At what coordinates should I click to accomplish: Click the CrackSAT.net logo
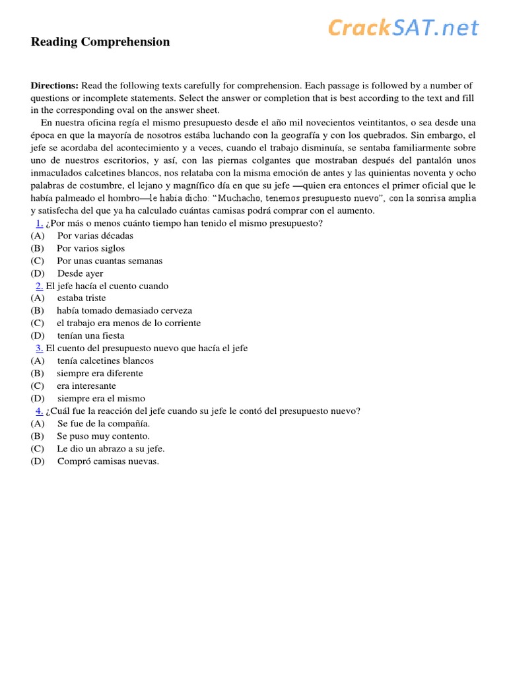(403, 28)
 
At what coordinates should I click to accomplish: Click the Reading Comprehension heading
(100, 42)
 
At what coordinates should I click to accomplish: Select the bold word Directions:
(55, 86)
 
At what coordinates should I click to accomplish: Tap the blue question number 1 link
(40, 223)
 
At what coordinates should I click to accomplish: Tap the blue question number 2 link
(40, 286)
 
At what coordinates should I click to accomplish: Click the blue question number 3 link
(40, 348)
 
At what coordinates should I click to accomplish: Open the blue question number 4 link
(40, 411)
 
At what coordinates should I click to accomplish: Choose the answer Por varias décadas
(95, 236)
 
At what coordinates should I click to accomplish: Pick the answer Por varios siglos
(90, 248)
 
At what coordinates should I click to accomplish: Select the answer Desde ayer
(80, 273)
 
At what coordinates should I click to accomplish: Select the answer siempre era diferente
(100, 374)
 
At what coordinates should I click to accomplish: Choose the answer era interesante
(86, 386)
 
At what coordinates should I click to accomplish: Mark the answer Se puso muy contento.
(103, 436)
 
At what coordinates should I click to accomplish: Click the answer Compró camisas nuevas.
(108, 461)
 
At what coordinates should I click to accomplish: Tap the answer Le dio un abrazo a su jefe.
(111, 449)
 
